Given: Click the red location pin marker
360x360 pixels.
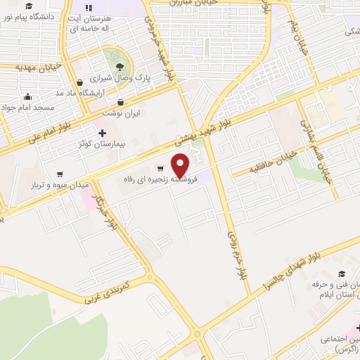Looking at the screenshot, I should [181, 165].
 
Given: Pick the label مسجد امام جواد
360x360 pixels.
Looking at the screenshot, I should [39, 108].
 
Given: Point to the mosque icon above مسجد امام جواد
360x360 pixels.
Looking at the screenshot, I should [27, 97].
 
